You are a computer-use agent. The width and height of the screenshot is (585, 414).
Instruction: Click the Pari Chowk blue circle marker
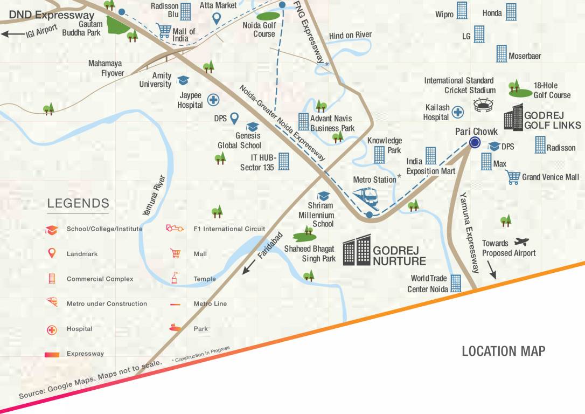[x=475, y=142]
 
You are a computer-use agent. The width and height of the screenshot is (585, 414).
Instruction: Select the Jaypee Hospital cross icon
[x=213, y=100]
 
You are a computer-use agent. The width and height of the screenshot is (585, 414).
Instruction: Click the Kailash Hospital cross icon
[x=458, y=112]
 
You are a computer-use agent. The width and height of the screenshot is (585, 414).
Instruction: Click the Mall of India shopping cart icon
[x=163, y=30]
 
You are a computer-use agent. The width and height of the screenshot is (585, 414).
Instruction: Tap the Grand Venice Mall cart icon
[x=513, y=177]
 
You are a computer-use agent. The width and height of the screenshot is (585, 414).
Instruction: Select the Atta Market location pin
[x=217, y=19]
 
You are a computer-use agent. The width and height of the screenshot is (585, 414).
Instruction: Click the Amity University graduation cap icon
[x=183, y=80]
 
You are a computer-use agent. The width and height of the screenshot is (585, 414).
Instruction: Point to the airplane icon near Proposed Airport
[x=521, y=242]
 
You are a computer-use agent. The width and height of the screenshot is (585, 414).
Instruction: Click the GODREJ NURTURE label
[x=399, y=256]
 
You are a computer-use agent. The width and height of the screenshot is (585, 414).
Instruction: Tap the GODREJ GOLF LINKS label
[x=552, y=120]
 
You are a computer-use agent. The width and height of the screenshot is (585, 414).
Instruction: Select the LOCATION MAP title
[x=503, y=351]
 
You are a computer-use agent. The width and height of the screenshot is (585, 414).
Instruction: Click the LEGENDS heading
[x=78, y=204]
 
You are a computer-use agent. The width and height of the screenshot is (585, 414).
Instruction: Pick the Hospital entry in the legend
[x=79, y=329]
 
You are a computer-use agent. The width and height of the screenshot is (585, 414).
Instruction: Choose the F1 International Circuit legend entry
[x=229, y=229]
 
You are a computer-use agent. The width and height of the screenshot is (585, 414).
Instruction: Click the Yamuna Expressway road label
[x=469, y=232]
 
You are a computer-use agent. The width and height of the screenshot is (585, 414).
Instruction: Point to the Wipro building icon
[x=462, y=10]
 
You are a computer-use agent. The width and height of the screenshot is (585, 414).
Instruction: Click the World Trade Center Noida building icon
[x=456, y=283]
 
